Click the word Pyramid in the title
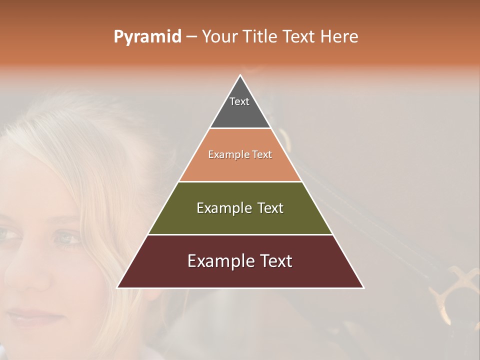coord(147,37)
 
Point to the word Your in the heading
coord(220,37)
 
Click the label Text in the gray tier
coord(239,101)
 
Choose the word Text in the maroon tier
coord(272,261)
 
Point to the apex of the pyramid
coord(240,75)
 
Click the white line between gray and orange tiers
coord(240,128)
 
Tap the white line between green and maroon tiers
coord(240,234)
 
